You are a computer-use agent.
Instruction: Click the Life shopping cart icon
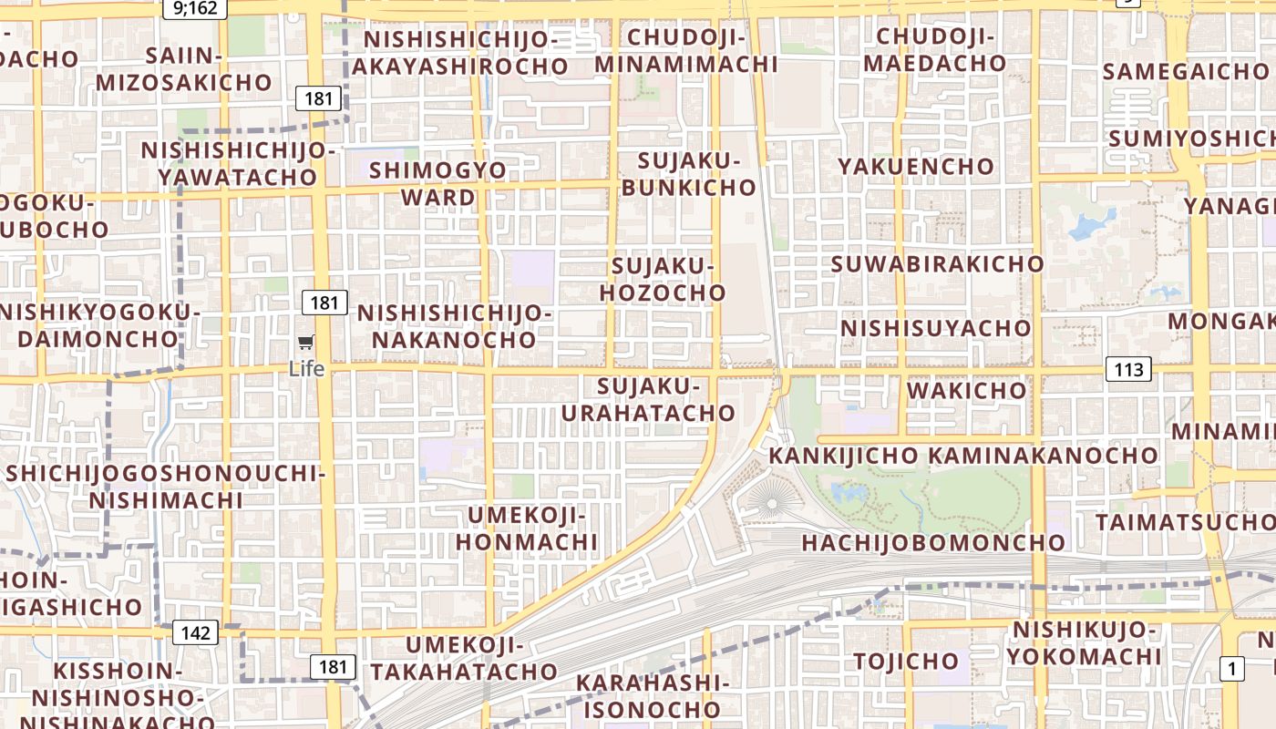[306, 343]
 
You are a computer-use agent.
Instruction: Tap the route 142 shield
[195, 633]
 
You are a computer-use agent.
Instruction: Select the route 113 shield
[1128, 369]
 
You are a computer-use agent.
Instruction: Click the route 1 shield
[1232, 669]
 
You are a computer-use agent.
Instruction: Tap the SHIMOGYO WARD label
[438, 183]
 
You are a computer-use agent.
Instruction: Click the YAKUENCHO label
[916, 166]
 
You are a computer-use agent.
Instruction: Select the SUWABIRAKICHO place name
[938, 263]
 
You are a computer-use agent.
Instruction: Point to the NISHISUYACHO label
[936, 327]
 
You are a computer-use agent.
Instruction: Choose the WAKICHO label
[966, 390]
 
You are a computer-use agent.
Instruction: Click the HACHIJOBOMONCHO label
[933, 542]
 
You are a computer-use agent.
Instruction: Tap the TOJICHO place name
[906, 660]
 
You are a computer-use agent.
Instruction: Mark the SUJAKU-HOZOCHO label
[669, 279]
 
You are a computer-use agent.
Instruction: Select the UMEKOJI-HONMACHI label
[527, 529]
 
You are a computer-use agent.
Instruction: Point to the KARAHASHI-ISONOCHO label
[653, 695]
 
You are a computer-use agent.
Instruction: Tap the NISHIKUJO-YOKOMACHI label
[1084, 642]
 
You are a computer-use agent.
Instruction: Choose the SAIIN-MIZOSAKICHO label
[184, 69]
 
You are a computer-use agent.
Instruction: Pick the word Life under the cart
[306, 368]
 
